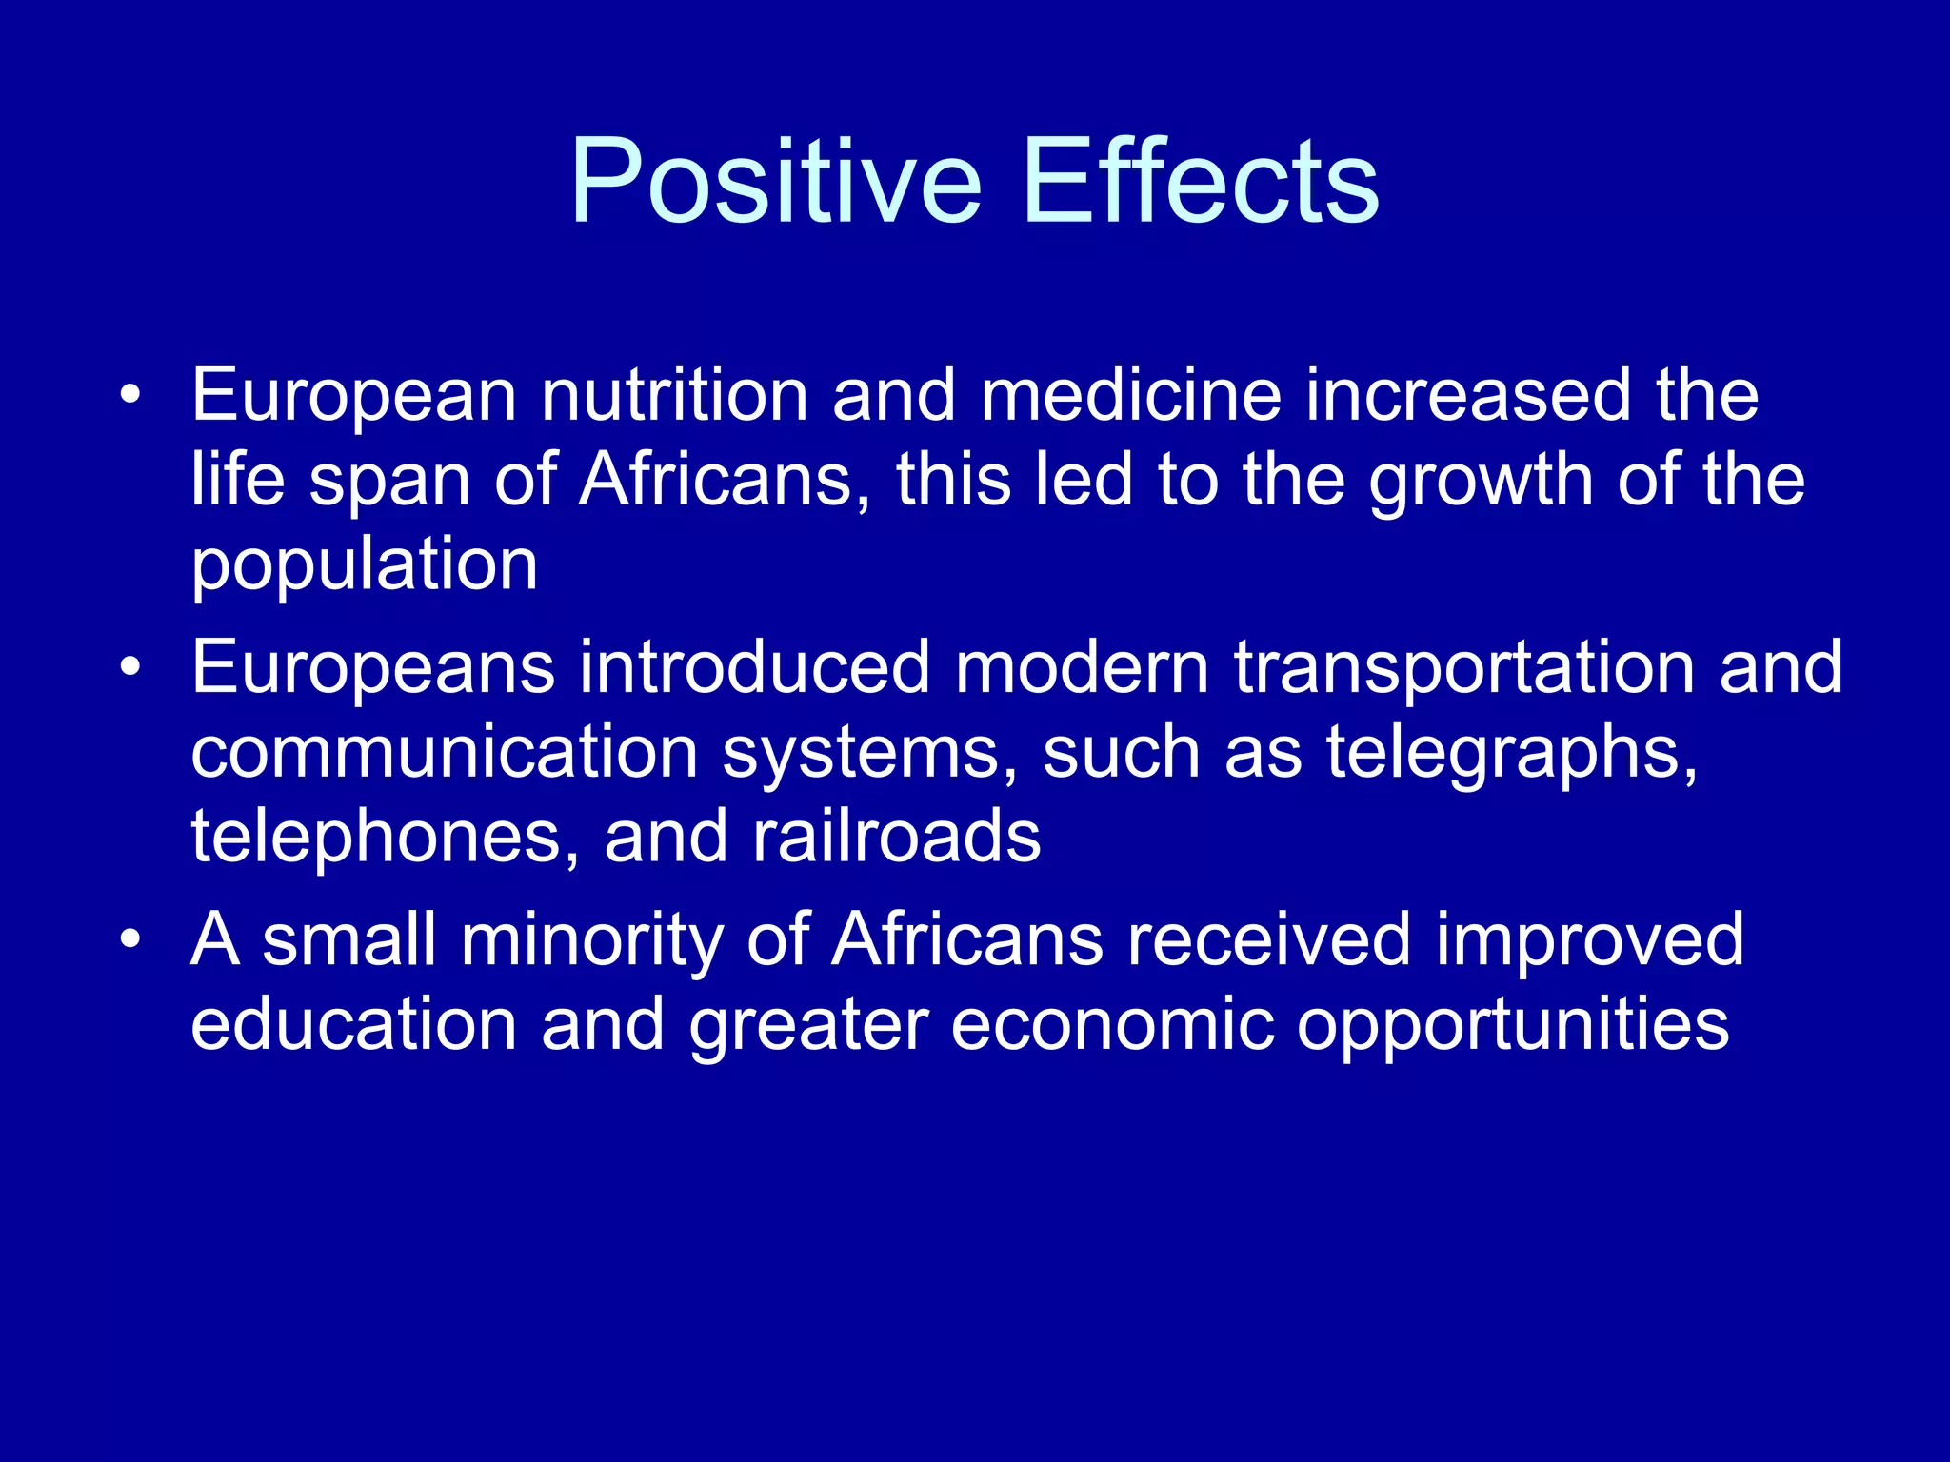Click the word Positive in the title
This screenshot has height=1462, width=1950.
pos(775,181)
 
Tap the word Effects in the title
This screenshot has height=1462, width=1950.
pos(1202,181)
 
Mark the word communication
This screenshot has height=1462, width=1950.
pos(444,752)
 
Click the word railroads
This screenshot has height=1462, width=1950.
pos(896,836)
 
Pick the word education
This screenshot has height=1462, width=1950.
pos(353,1024)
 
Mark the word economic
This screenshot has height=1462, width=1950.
pos(1112,1024)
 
